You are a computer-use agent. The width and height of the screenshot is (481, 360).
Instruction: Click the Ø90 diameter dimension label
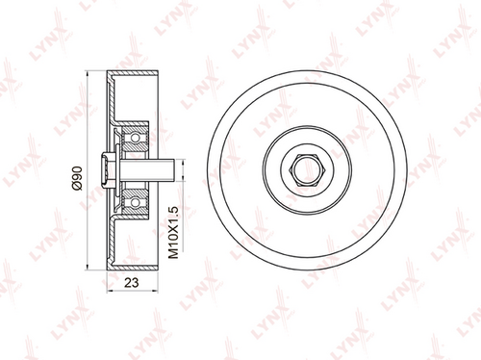[x=78, y=178]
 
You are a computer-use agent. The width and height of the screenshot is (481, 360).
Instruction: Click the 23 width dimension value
[x=132, y=283]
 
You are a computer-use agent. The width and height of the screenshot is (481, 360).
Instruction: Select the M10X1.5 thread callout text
[x=173, y=233]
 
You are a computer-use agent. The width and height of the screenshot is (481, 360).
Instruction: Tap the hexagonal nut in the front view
[x=307, y=170]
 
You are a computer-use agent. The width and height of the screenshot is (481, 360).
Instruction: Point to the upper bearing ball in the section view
[x=136, y=138]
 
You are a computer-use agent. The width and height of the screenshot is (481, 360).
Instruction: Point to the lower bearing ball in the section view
[x=136, y=202]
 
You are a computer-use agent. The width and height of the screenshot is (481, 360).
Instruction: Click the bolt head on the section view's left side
[x=107, y=170]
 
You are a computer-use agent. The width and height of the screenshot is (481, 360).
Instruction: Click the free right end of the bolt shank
[x=173, y=170]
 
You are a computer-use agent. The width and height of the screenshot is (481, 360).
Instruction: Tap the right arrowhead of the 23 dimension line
[x=156, y=291]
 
